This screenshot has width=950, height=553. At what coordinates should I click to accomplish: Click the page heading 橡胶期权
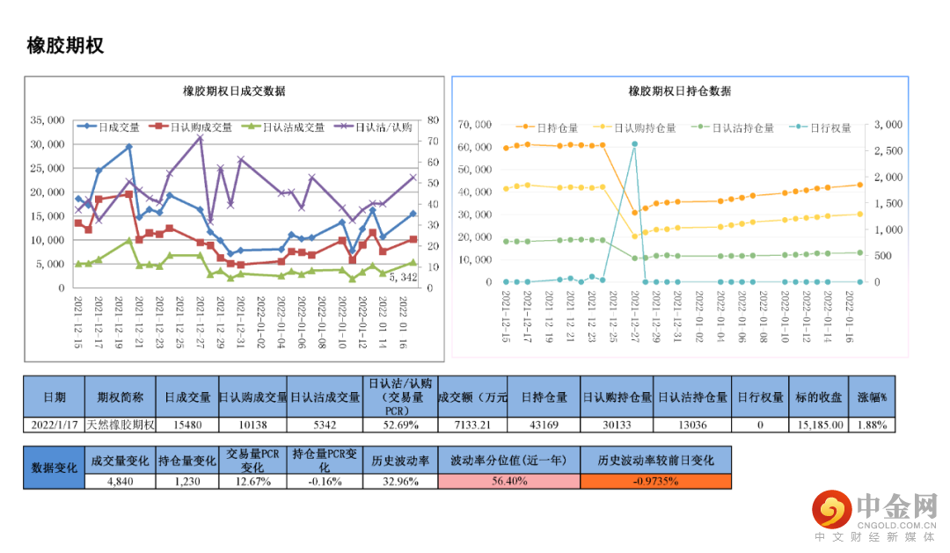65,46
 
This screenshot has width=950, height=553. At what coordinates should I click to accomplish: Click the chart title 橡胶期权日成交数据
233,91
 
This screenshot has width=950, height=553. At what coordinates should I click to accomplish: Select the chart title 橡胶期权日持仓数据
679,91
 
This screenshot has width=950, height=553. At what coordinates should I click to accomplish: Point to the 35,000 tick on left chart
47,120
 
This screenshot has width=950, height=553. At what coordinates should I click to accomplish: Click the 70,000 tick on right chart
476,125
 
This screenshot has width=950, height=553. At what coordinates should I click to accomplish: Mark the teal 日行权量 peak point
634,144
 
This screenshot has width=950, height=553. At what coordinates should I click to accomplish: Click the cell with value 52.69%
399,425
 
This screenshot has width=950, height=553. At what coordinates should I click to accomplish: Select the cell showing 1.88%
873,425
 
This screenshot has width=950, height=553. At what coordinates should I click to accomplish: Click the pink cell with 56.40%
509,481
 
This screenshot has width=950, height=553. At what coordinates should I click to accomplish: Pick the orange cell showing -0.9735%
655,481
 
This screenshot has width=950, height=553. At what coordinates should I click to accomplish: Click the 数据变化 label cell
54,467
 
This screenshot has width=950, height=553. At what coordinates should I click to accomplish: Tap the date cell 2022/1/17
54,425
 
